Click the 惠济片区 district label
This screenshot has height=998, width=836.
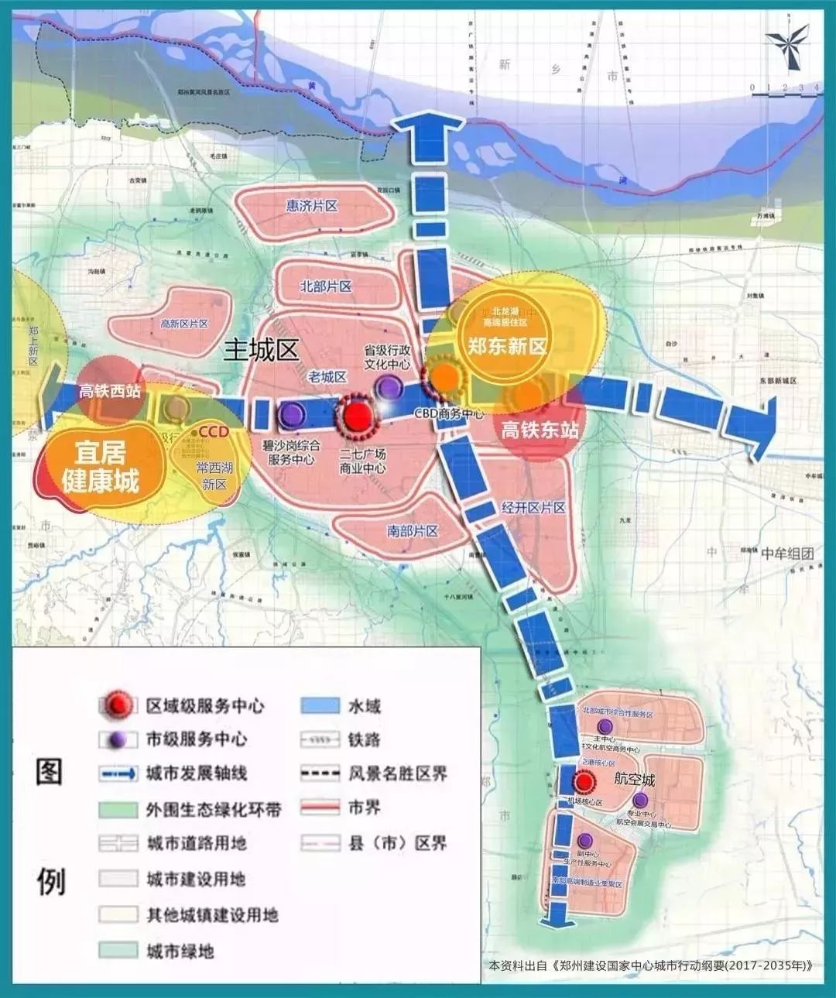tap(312, 206)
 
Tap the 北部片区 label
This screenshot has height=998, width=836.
tap(326, 286)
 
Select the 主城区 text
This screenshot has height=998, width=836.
tap(261, 350)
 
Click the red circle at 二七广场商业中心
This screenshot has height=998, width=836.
tap(357, 417)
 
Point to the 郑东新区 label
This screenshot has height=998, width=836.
tap(507, 346)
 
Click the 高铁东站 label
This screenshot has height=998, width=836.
tap(540, 429)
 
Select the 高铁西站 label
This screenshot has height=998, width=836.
tap(109, 392)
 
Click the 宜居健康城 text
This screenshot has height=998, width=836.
tap(101, 467)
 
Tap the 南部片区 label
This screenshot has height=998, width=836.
tap(413, 530)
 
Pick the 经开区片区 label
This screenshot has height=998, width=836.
tap(533, 507)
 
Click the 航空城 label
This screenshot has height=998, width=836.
tap(634, 779)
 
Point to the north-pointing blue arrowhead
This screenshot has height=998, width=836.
tap(427, 132)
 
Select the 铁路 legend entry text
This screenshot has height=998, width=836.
tap(364, 740)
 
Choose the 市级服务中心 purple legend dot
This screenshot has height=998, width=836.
tap(118, 740)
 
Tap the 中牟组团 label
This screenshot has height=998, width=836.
tap(787, 553)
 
